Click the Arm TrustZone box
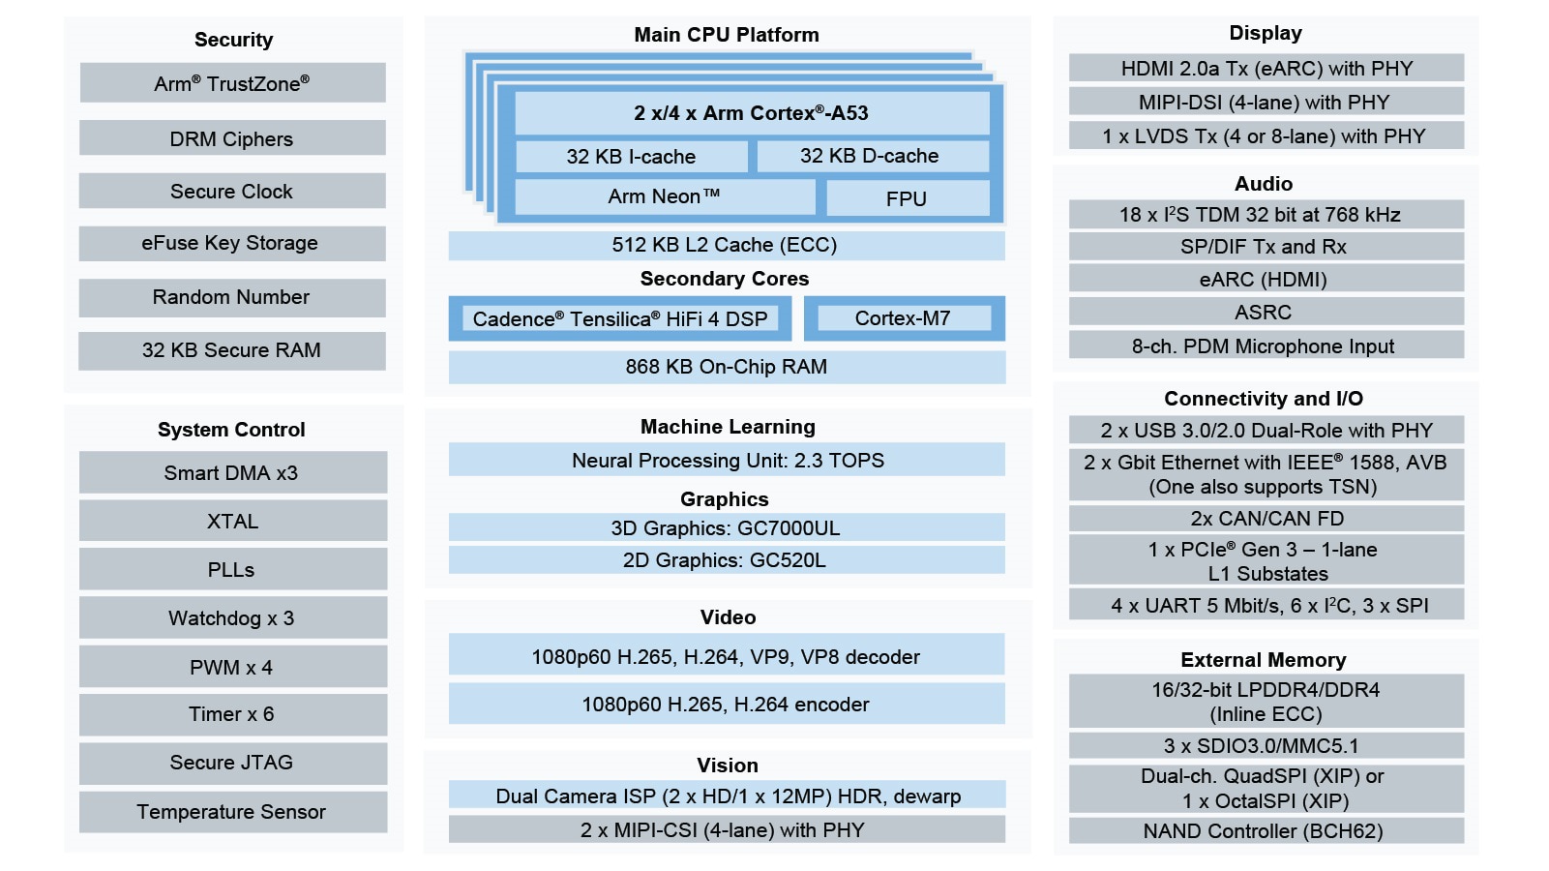(232, 83)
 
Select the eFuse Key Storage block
(232, 243)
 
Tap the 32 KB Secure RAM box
(232, 350)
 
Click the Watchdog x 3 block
(232, 617)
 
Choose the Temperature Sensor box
(232, 812)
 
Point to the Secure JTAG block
(232, 763)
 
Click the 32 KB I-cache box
(631, 156)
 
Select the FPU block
(907, 198)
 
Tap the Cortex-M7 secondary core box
(904, 318)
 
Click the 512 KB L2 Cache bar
(726, 245)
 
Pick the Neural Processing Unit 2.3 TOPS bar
(726, 460)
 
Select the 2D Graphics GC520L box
(726, 560)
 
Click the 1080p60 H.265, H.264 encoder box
(726, 705)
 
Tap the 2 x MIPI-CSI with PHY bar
(726, 829)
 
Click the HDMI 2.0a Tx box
(1266, 68)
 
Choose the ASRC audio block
(1266, 313)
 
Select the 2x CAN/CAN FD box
(1266, 518)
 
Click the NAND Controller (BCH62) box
(1266, 830)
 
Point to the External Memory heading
(1264, 660)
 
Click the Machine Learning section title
(728, 427)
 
